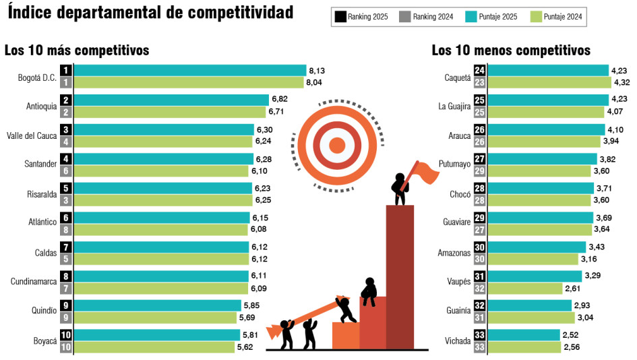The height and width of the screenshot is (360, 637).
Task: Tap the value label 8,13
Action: tap(316, 70)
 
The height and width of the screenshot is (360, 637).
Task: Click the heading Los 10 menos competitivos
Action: tap(511, 51)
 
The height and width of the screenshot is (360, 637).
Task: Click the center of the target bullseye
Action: tap(337, 144)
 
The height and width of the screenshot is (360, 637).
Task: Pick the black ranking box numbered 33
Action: tap(480, 336)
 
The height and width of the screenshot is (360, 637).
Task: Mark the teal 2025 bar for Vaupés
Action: tap(535, 276)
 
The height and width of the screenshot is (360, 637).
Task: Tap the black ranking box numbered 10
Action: tap(66, 336)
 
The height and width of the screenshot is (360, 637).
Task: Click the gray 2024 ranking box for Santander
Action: tap(66, 171)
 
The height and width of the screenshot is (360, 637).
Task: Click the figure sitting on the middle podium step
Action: tap(369, 291)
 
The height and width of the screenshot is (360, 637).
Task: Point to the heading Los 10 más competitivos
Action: tap(77, 51)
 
